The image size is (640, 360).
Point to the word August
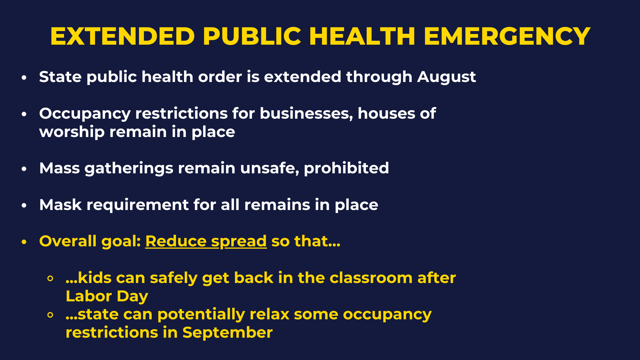(x=446, y=77)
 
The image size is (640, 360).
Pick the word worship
(x=72, y=132)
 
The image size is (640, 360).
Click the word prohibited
(x=346, y=168)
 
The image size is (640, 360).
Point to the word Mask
(x=60, y=205)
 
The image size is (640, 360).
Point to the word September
(x=228, y=333)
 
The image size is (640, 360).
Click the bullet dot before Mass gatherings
(x=24, y=169)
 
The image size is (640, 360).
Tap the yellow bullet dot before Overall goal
(x=24, y=242)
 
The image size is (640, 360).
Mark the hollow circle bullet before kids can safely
(x=50, y=279)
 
